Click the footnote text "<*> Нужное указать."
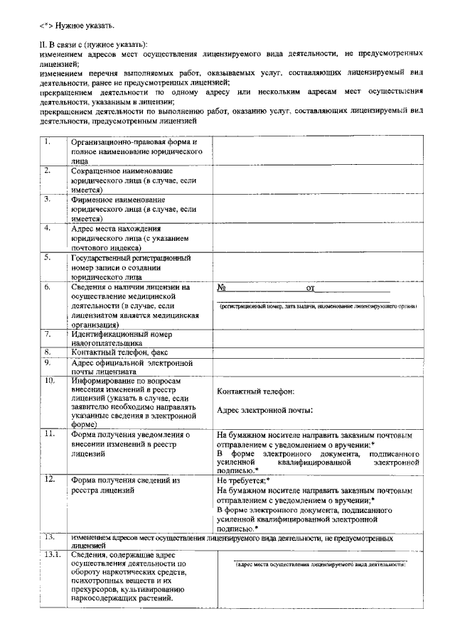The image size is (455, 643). coord(76,26)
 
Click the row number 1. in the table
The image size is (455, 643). coord(47,141)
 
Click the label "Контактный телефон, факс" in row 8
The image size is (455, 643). coord(118,352)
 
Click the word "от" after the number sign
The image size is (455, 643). coord(310,288)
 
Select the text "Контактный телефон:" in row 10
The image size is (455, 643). coord(255,391)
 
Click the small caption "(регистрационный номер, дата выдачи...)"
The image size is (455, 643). coord(317,306)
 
